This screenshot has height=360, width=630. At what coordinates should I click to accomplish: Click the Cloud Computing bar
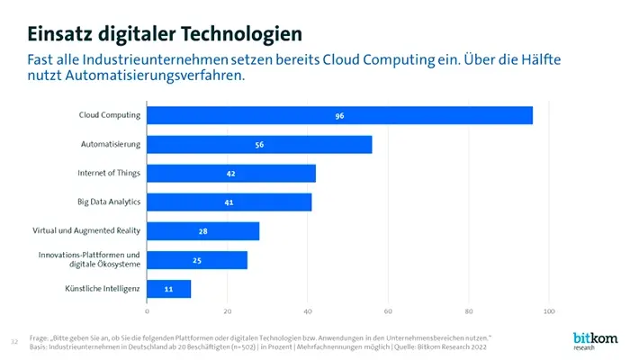pyautogui.click(x=339, y=115)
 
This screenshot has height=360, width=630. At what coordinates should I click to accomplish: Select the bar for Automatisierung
pyautogui.click(x=259, y=144)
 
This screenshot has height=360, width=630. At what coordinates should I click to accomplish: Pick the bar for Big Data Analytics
pyautogui.click(x=229, y=202)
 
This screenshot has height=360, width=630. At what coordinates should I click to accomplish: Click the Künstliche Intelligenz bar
pyautogui.click(x=168, y=289)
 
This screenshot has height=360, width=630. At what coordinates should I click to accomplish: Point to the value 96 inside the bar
pyautogui.click(x=339, y=116)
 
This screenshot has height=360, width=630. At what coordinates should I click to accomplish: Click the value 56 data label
pyautogui.click(x=259, y=145)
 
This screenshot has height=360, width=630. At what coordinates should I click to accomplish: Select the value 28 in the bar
pyautogui.click(x=203, y=231)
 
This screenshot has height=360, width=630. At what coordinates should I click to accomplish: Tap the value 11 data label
pyautogui.click(x=168, y=290)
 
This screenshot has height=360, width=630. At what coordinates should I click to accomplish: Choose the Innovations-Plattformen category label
pyautogui.click(x=89, y=255)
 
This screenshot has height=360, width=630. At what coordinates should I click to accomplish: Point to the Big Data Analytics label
pyautogui.click(x=108, y=202)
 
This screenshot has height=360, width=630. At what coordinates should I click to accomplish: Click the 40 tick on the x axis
pyautogui.click(x=308, y=311)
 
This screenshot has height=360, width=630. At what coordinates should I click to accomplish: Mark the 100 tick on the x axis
pyautogui.click(x=548, y=311)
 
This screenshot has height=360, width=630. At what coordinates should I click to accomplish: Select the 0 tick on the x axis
pyautogui.click(x=147, y=311)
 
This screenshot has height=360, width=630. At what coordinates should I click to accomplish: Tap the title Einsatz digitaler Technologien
pyautogui.click(x=164, y=34)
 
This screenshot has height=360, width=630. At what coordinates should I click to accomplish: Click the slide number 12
pyautogui.click(x=13, y=341)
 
